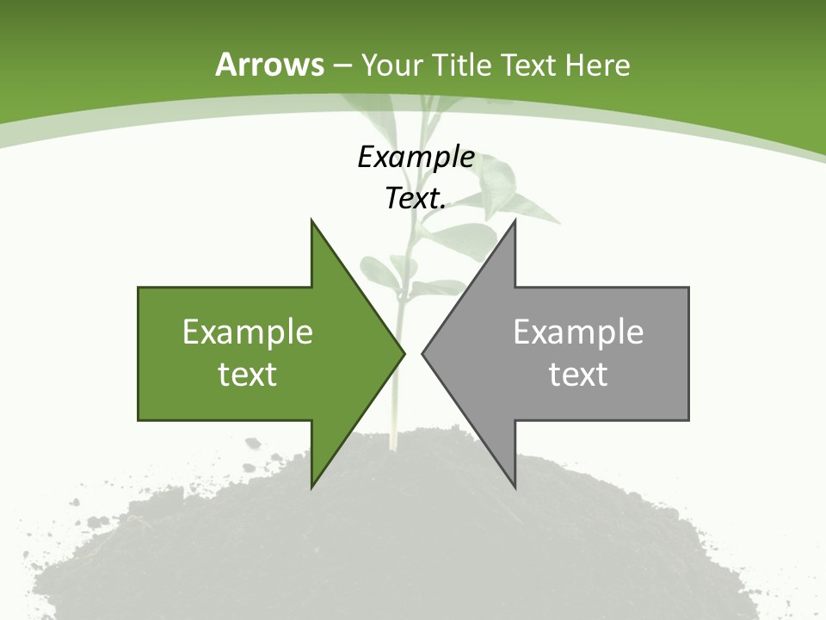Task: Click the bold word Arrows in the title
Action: coord(270,65)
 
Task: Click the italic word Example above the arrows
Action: coord(416,157)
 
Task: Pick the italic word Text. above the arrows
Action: coord(416,199)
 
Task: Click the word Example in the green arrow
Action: coord(248,332)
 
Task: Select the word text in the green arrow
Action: coord(248,374)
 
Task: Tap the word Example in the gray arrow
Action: coord(578,332)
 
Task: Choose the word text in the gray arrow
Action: coord(578,374)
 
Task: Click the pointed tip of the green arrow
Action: coord(404,353)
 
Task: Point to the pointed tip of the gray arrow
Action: coord(423,353)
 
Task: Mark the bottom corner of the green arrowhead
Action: coord(312,487)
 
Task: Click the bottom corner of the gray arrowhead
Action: coord(515,487)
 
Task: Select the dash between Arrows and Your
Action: coord(341,65)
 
